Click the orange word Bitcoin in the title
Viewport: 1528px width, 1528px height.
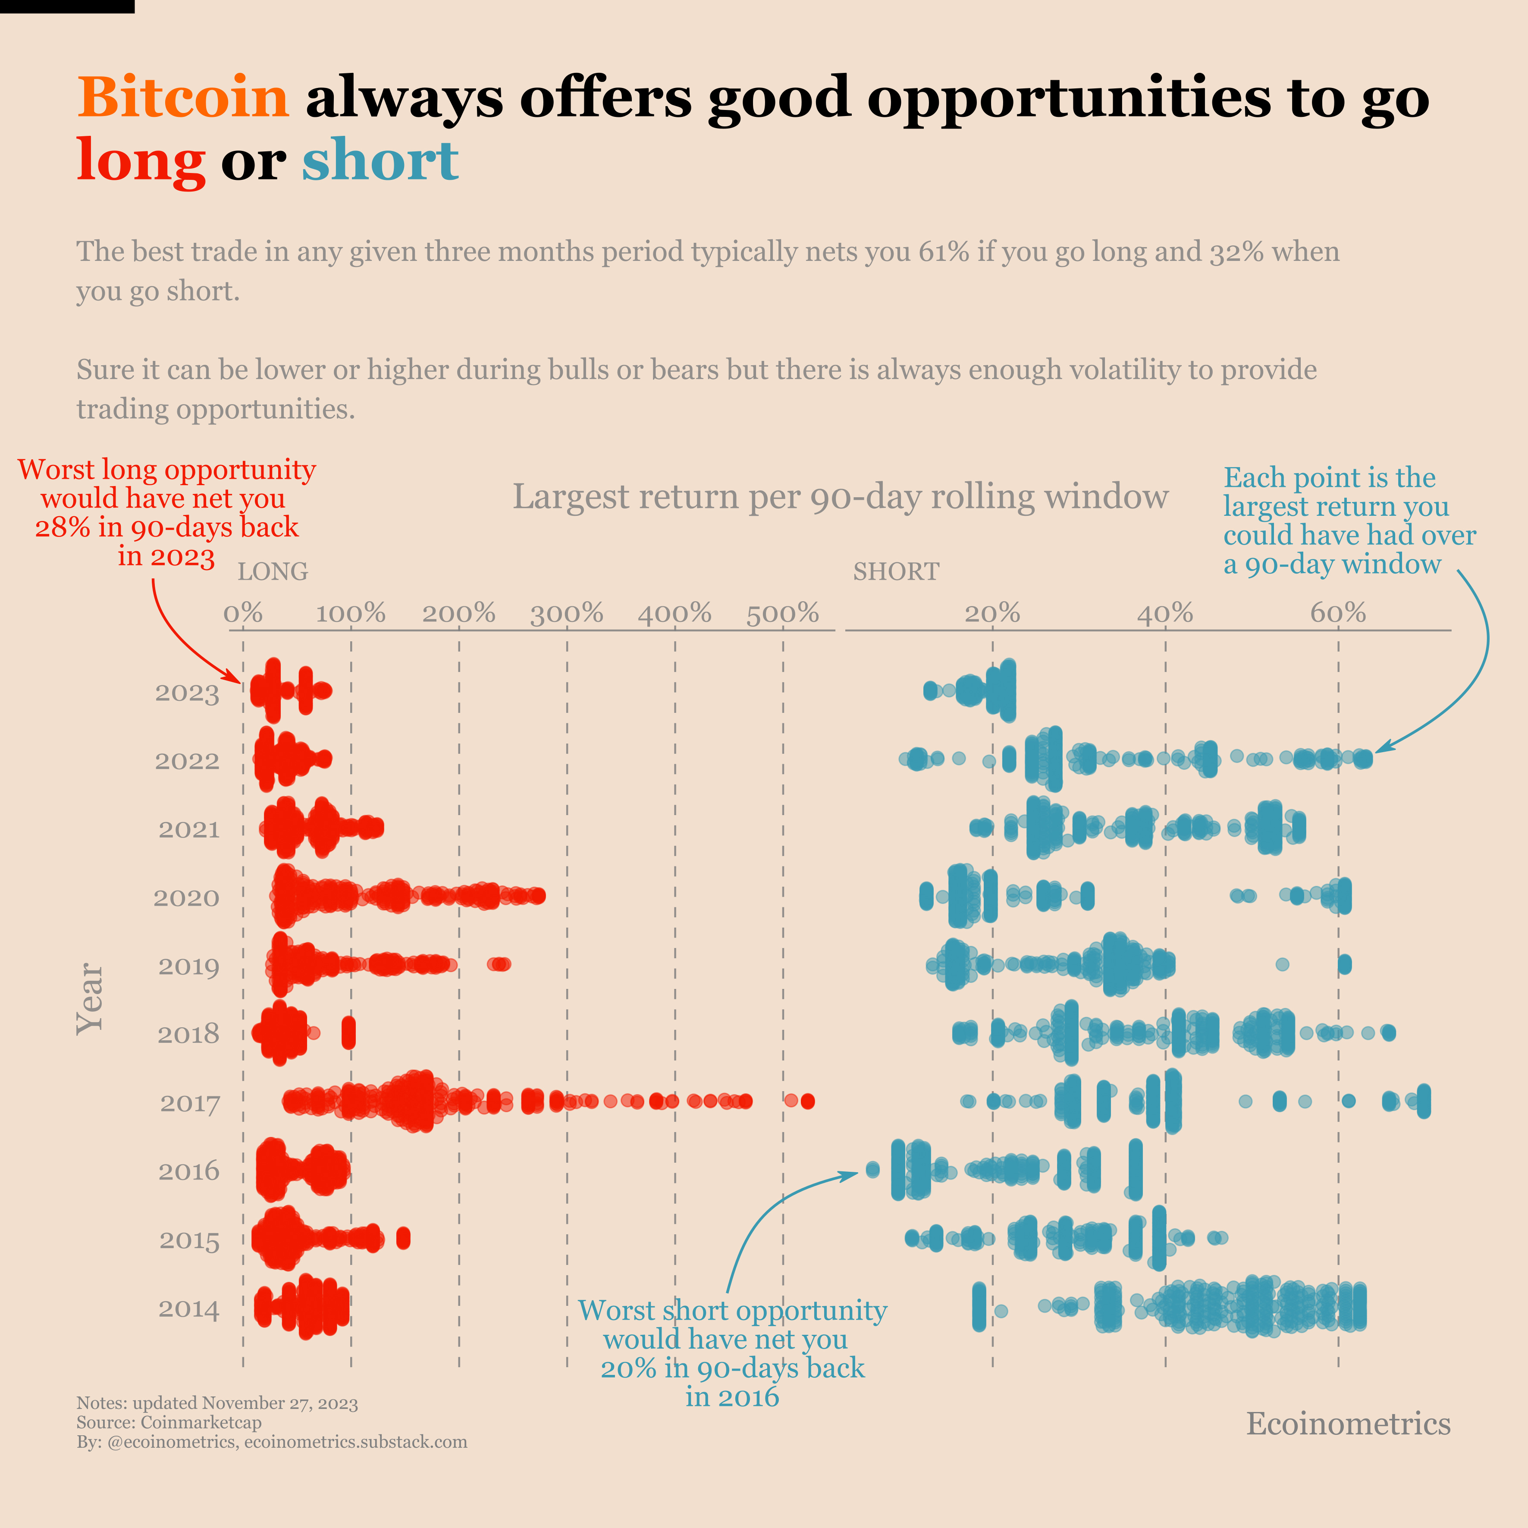tap(183, 97)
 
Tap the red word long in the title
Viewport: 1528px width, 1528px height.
tap(141, 160)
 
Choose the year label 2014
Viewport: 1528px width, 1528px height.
tap(189, 1309)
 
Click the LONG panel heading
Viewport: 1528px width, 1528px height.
tap(273, 572)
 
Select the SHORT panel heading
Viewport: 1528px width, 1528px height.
tap(896, 572)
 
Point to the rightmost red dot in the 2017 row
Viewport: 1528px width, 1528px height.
tap(807, 1101)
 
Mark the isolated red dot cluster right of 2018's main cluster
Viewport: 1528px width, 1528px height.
tap(348, 1033)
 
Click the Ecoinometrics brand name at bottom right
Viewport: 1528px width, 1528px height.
tap(1349, 1424)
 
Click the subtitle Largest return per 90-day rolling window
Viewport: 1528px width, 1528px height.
tap(840, 497)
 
